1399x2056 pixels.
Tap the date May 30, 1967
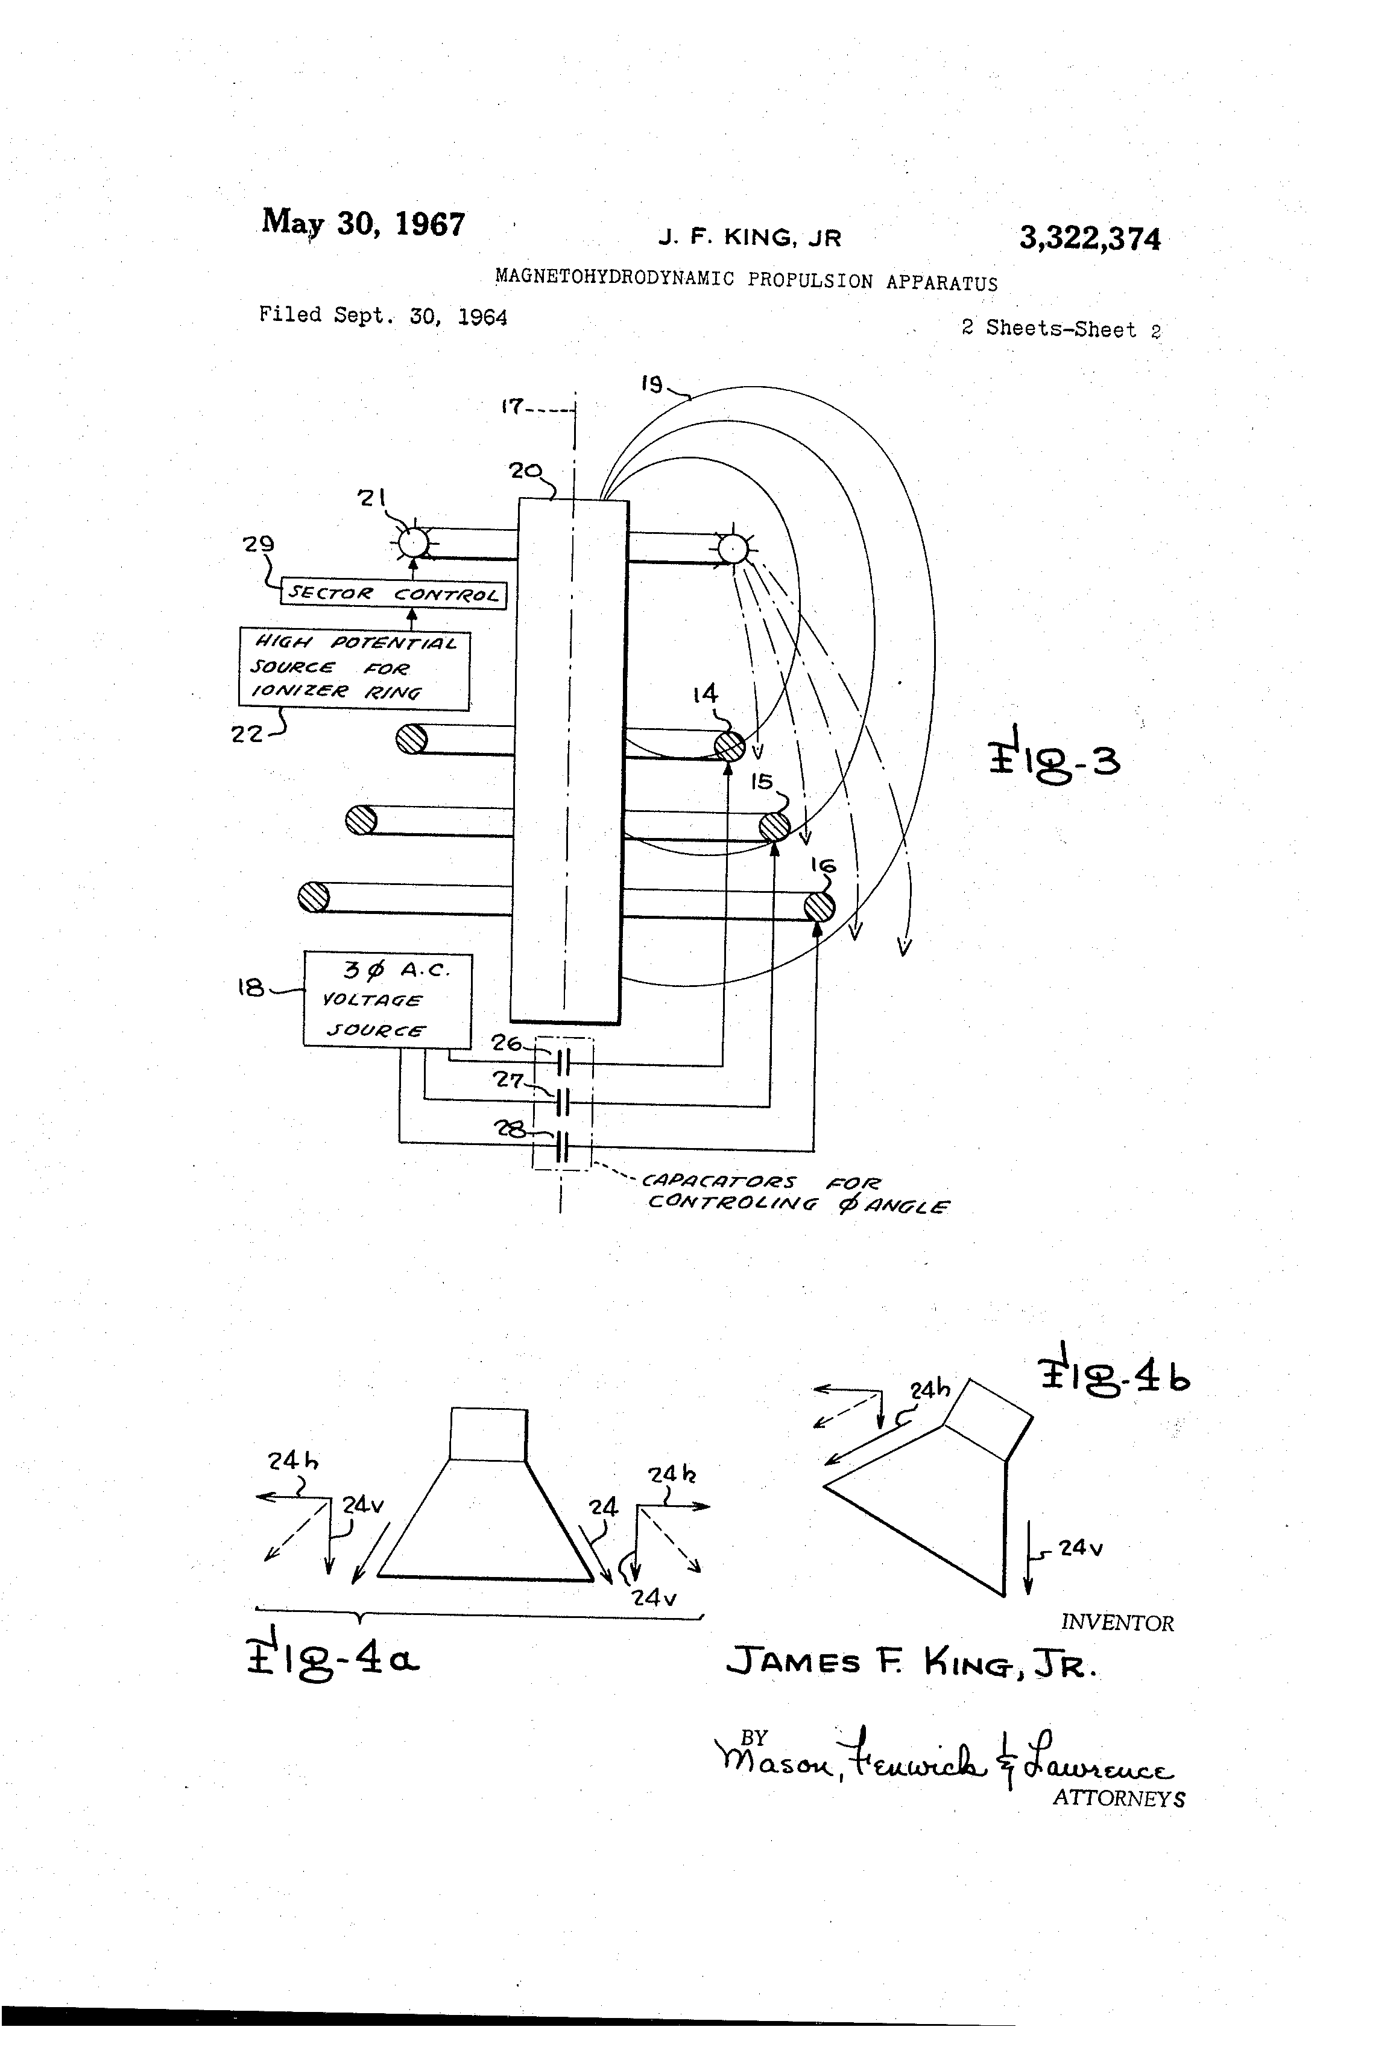pyautogui.click(x=362, y=223)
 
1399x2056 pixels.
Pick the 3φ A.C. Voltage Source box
pyautogui.click(x=387, y=1000)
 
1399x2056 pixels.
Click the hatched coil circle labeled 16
pyautogui.click(x=820, y=907)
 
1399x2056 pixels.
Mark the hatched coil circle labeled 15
pyautogui.click(x=775, y=827)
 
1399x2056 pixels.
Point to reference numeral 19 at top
pyautogui.click(x=652, y=384)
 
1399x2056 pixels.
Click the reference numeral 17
pyautogui.click(x=511, y=407)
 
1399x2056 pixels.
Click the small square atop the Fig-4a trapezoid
pyautogui.click(x=488, y=1434)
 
